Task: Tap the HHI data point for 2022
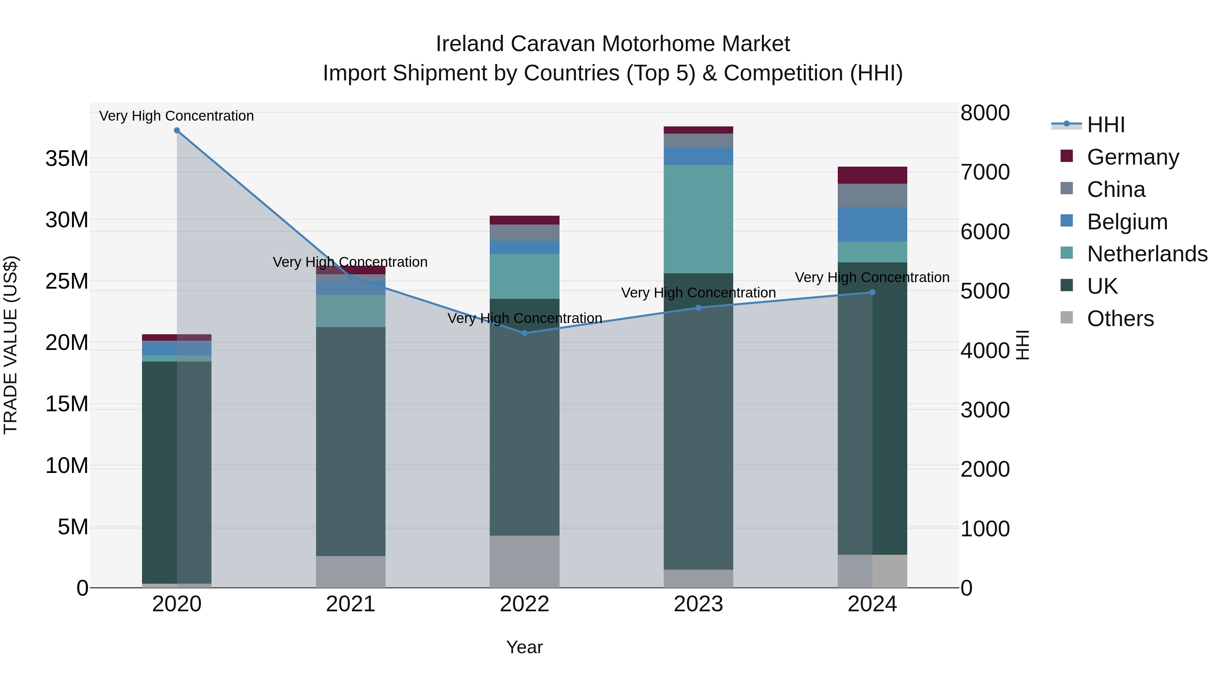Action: pos(524,333)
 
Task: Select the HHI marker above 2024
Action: pos(873,292)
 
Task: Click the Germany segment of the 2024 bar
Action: pos(873,175)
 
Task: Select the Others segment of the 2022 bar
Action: pos(524,562)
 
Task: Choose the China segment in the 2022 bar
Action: pos(524,233)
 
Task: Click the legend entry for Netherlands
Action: pos(1147,254)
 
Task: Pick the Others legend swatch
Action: pos(1067,318)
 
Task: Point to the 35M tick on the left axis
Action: pos(67,158)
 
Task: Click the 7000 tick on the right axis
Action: pos(985,172)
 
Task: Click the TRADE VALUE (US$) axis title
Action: pos(11,345)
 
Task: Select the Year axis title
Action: pos(524,647)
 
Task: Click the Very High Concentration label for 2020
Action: pos(176,116)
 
